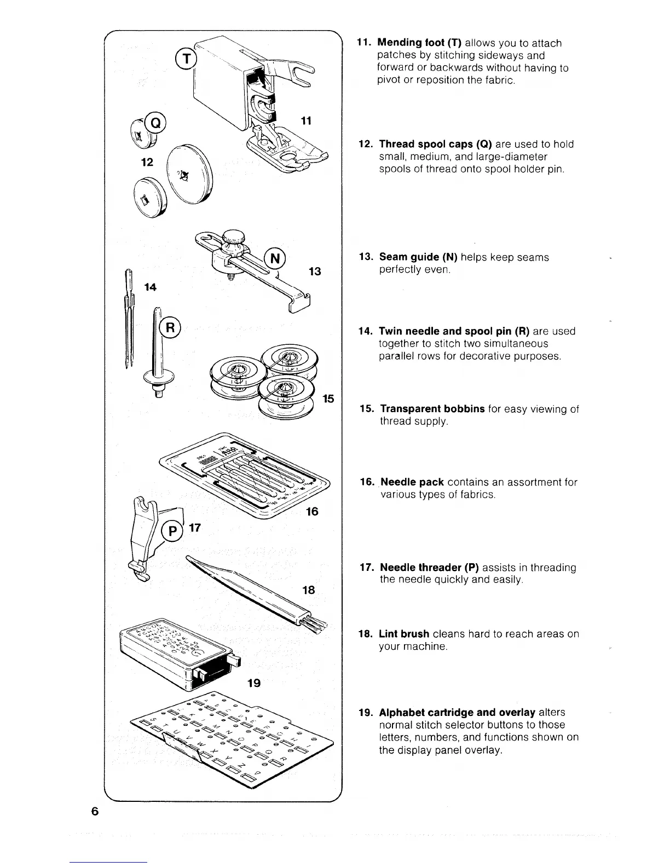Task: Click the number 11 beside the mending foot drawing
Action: click(x=306, y=121)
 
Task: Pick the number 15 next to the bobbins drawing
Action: click(x=328, y=398)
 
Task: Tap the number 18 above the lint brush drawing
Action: click(x=309, y=589)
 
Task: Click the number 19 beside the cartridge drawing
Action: click(x=253, y=683)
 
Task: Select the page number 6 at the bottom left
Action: click(x=95, y=811)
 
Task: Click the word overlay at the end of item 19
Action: click(x=482, y=750)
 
